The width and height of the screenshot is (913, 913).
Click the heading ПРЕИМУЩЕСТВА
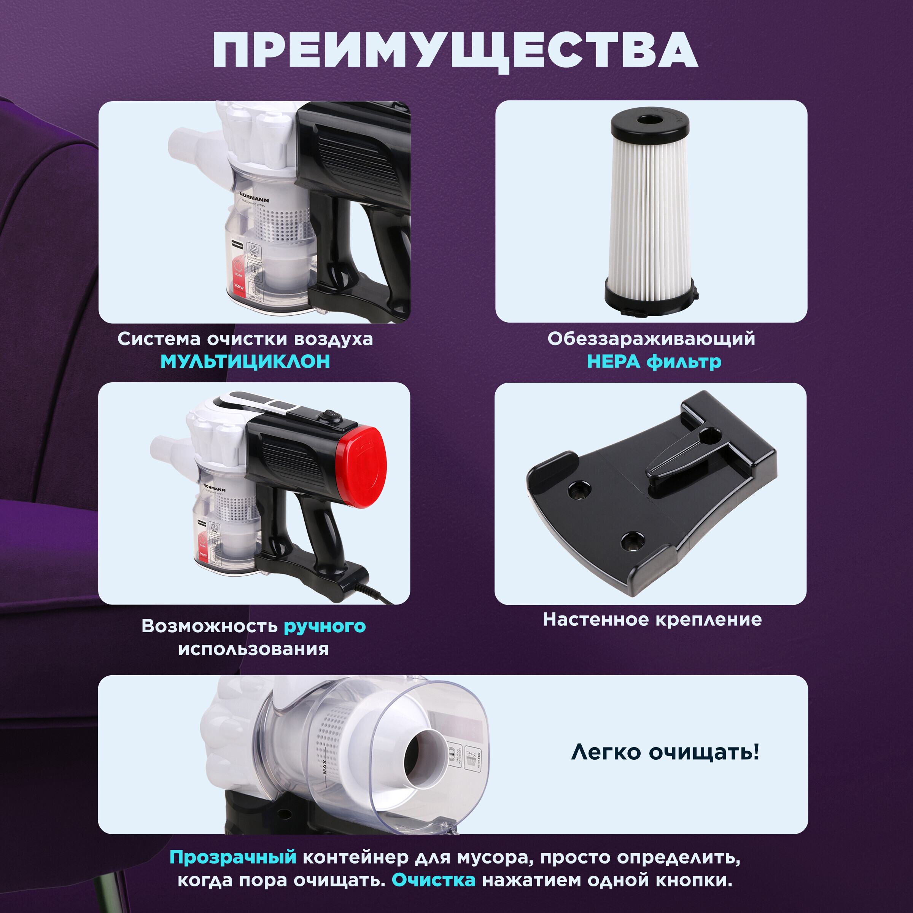pos(455,51)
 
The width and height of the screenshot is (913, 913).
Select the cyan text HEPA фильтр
pos(654,361)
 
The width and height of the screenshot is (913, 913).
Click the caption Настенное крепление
pos(652,619)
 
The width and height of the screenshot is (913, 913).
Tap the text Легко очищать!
pos(665,751)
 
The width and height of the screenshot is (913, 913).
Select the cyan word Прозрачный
pos(232,857)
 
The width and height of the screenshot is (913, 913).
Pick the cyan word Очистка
pos(433,880)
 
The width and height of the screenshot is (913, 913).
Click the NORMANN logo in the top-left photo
pos(254,197)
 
